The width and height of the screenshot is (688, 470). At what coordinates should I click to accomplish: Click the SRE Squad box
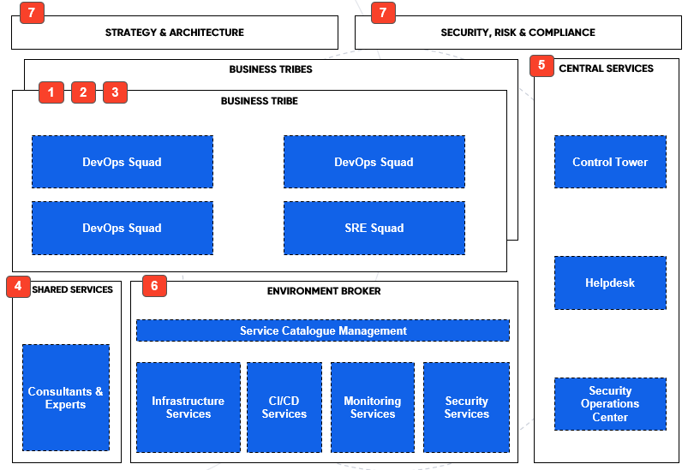click(x=374, y=229)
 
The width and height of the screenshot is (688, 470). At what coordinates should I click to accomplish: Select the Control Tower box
click(x=610, y=162)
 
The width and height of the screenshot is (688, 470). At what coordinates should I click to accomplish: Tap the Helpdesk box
click(x=610, y=283)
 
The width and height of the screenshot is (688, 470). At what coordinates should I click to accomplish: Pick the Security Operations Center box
click(x=610, y=404)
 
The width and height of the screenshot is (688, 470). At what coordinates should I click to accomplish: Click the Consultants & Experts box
click(x=66, y=398)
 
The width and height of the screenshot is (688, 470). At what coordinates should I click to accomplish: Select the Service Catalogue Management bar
click(x=323, y=330)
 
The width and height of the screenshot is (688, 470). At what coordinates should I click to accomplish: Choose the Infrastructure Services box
click(x=188, y=408)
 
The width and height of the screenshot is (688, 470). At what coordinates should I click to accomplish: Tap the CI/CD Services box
click(x=284, y=408)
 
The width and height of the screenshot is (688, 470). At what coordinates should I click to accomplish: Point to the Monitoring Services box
click(x=373, y=408)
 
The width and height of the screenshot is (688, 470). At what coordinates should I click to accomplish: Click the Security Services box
click(x=467, y=408)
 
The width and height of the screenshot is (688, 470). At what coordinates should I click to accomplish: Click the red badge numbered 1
click(x=51, y=92)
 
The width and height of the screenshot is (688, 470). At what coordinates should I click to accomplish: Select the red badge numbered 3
click(x=116, y=92)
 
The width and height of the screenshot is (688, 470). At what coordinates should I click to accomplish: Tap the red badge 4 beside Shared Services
click(x=19, y=286)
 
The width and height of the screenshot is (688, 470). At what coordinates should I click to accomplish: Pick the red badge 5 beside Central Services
click(x=542, y=66)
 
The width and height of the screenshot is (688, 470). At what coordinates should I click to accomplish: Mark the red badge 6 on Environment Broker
click(x=154, y=286)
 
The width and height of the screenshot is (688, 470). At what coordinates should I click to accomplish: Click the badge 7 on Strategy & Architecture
click(x=32, y=13)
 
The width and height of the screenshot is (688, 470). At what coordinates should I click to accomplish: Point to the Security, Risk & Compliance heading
click(x=517, y=33)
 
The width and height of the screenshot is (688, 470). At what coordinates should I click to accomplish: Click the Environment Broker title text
click(x=324, y=291)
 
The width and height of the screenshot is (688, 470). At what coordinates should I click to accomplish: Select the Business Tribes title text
click(x=271, y=69)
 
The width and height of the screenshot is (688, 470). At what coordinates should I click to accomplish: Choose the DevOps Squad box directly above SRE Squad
click(x=374, y=162)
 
